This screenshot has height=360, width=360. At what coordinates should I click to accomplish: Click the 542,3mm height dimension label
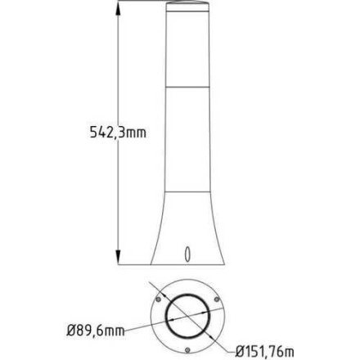pyautogui.click(x=117, y=133)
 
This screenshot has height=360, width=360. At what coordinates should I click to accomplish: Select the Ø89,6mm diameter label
pyautogui.click(x=95, y=331)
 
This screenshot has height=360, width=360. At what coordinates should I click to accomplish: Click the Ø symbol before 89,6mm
pyautogui.click(x=70, y=331)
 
